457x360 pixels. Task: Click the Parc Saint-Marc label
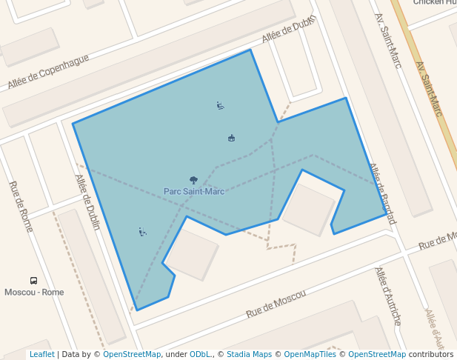[194, 191]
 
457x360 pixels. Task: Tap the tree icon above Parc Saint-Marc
[194, 180]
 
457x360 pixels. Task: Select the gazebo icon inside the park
[231, 138]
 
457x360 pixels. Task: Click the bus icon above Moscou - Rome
[33, 281]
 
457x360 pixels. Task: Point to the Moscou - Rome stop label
[34, 292]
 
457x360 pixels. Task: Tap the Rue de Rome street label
[21, 206]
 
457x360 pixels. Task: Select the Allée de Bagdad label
[382, 193]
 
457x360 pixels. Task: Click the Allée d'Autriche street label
[388, 296]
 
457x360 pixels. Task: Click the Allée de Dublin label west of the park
[87, 202]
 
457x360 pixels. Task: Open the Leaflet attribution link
[42, 354]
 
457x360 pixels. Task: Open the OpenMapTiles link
[310, 354]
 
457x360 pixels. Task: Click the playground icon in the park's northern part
[220, 105]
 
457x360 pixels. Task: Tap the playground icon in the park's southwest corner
[142, 232]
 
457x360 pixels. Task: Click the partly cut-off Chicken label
[434, 2]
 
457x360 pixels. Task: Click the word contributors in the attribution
[431, 354]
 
